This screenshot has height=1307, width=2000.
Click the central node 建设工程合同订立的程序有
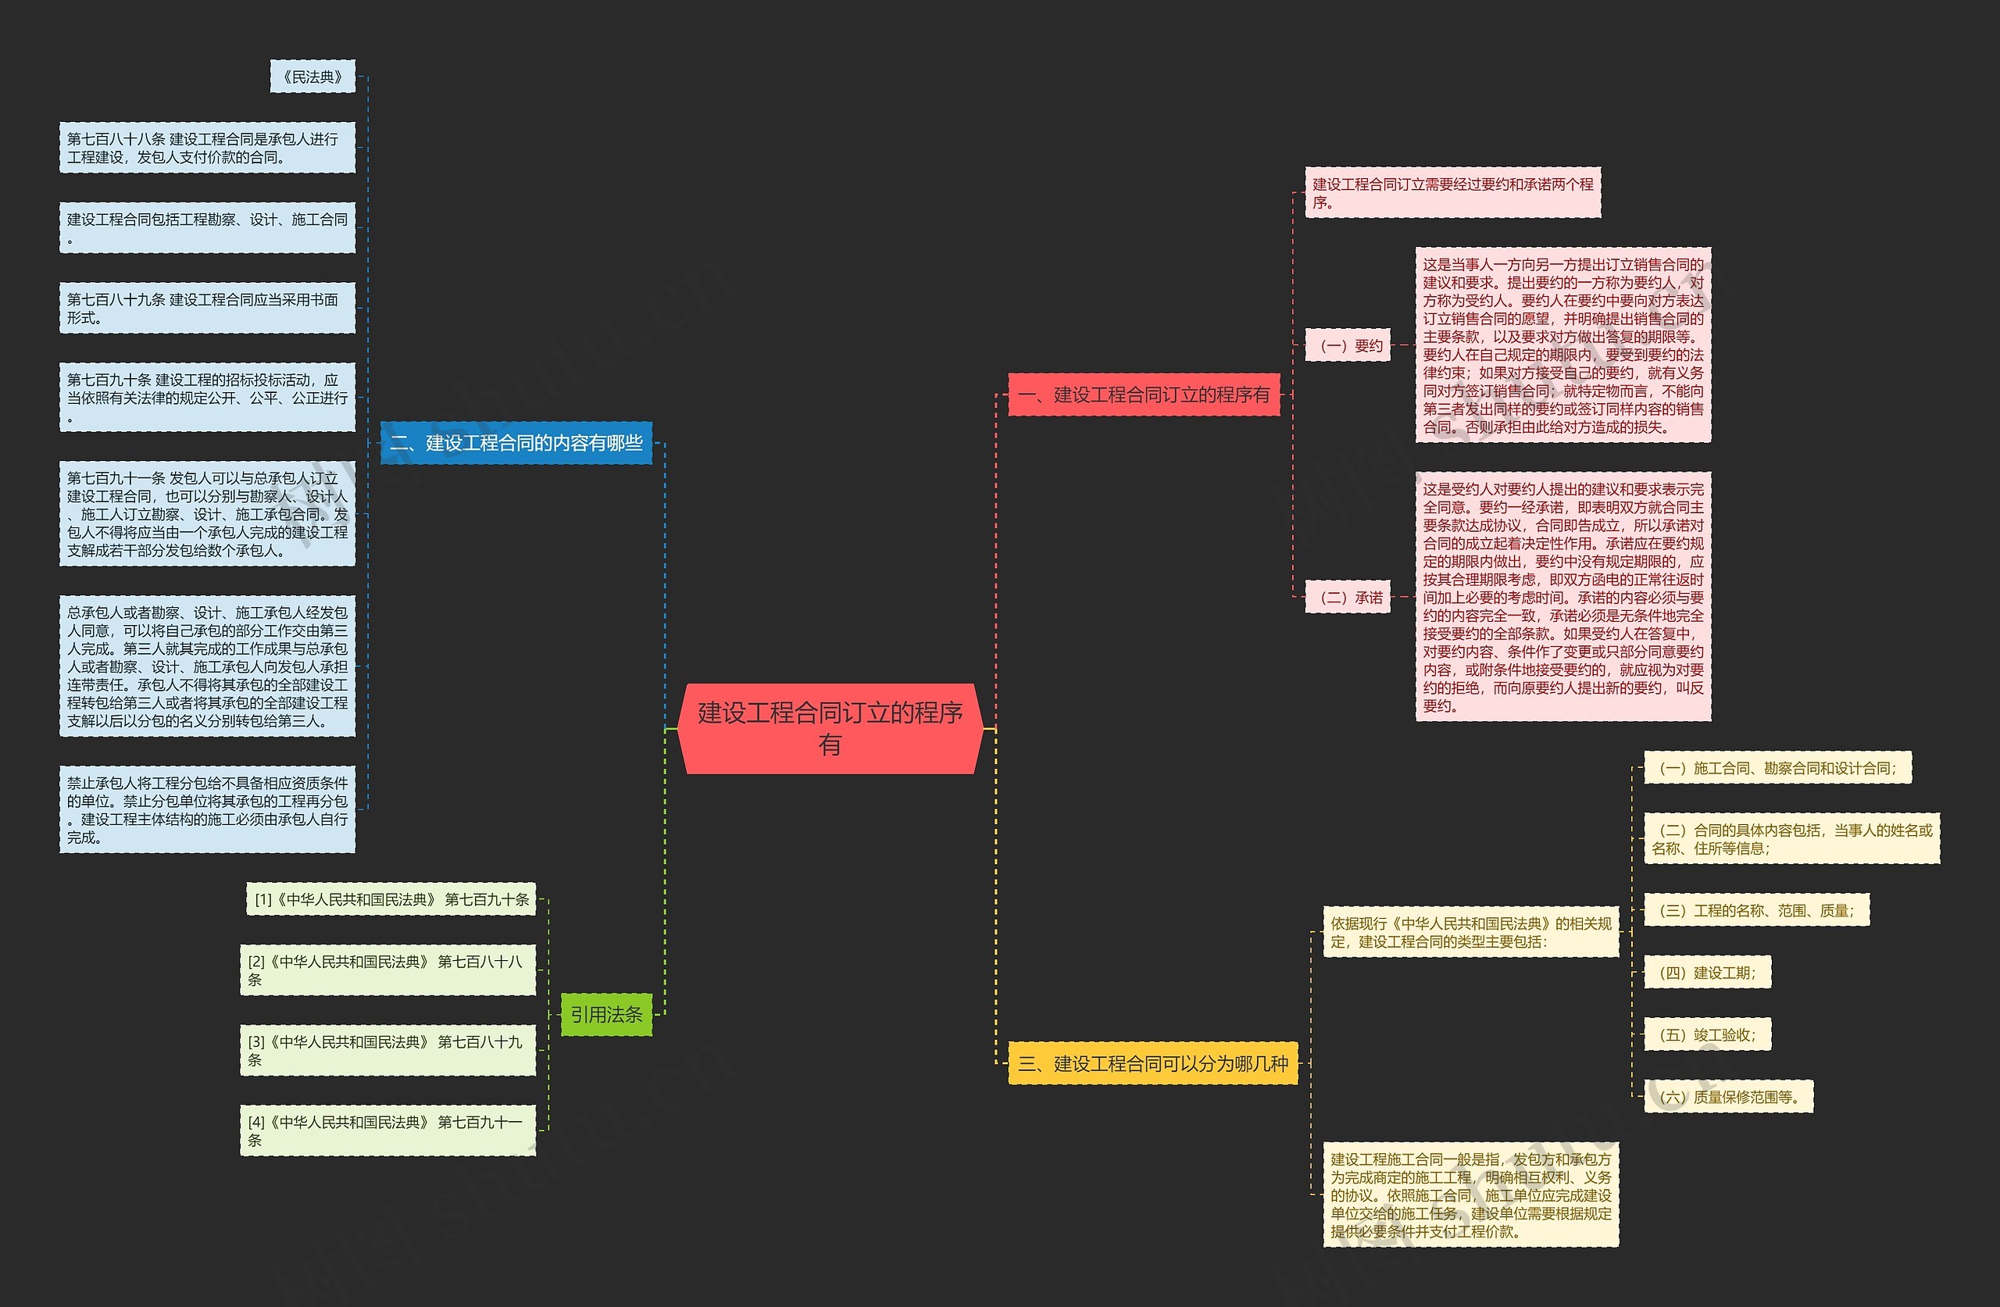point(830,728)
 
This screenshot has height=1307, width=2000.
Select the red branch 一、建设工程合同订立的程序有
point(1144,395)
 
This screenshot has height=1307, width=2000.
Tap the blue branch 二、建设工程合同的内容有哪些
point(516,442)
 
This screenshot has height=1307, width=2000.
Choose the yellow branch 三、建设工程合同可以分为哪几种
point(1153,1063)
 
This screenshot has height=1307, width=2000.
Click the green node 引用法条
point(606,1015)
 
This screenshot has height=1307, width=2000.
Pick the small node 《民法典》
point(312,77)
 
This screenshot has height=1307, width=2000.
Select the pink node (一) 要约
point(1348,345)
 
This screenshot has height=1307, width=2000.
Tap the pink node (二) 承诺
point(1348,597)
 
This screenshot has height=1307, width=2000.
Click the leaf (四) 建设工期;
point(1708,972)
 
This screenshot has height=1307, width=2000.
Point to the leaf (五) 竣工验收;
point(1708,1034)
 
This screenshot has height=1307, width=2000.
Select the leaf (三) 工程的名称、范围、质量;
point(1757,909)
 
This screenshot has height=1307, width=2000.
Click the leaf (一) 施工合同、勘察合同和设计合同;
point(1778,767)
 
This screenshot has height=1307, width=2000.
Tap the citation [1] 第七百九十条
point(391,898)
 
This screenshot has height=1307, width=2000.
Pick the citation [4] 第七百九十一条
point(387,1130)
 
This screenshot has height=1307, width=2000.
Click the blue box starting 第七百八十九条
point(207,308)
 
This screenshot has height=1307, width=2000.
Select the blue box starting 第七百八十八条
point(207,148)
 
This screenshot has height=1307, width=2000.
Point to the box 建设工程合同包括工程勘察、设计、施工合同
point(207,228)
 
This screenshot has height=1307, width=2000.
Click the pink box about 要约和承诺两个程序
point(1453,192)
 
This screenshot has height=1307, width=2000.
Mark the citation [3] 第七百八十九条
point(387,1050)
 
